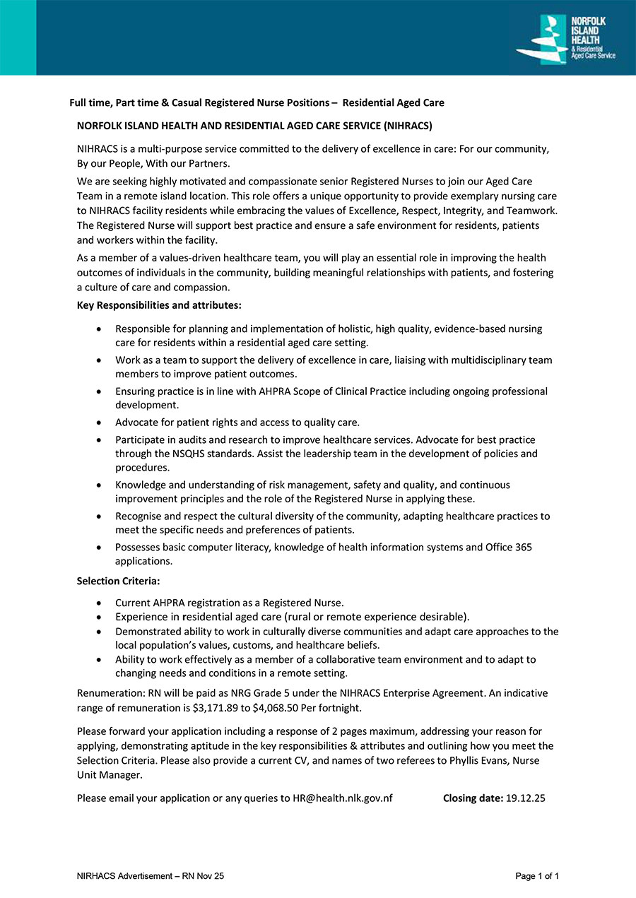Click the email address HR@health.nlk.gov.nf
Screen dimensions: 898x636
coord(343,798)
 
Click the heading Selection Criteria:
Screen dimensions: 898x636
coord(118,581)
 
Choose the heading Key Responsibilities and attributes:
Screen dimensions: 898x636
coord(159,305)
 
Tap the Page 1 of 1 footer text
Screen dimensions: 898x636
coord(537,876)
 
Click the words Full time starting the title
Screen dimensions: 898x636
coord(90,102)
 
